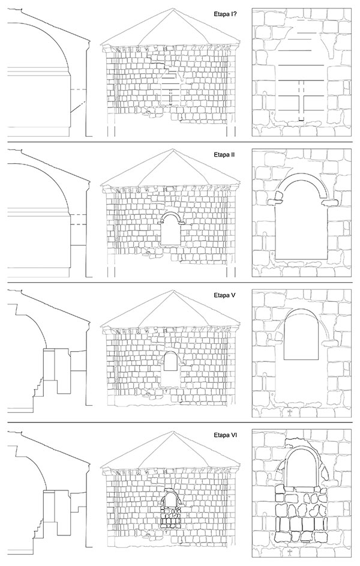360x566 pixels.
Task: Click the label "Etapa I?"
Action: tap(224, 14)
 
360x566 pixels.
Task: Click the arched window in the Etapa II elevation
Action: tap(172, 229)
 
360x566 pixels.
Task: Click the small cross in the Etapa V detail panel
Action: tap(289, 412)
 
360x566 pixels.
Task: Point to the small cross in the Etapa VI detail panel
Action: tap(289, 552)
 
